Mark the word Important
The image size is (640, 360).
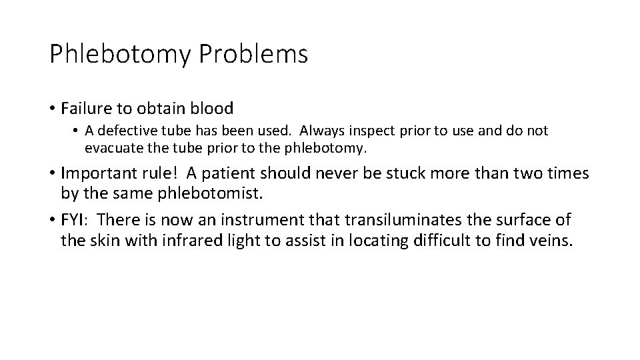[104, 173]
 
